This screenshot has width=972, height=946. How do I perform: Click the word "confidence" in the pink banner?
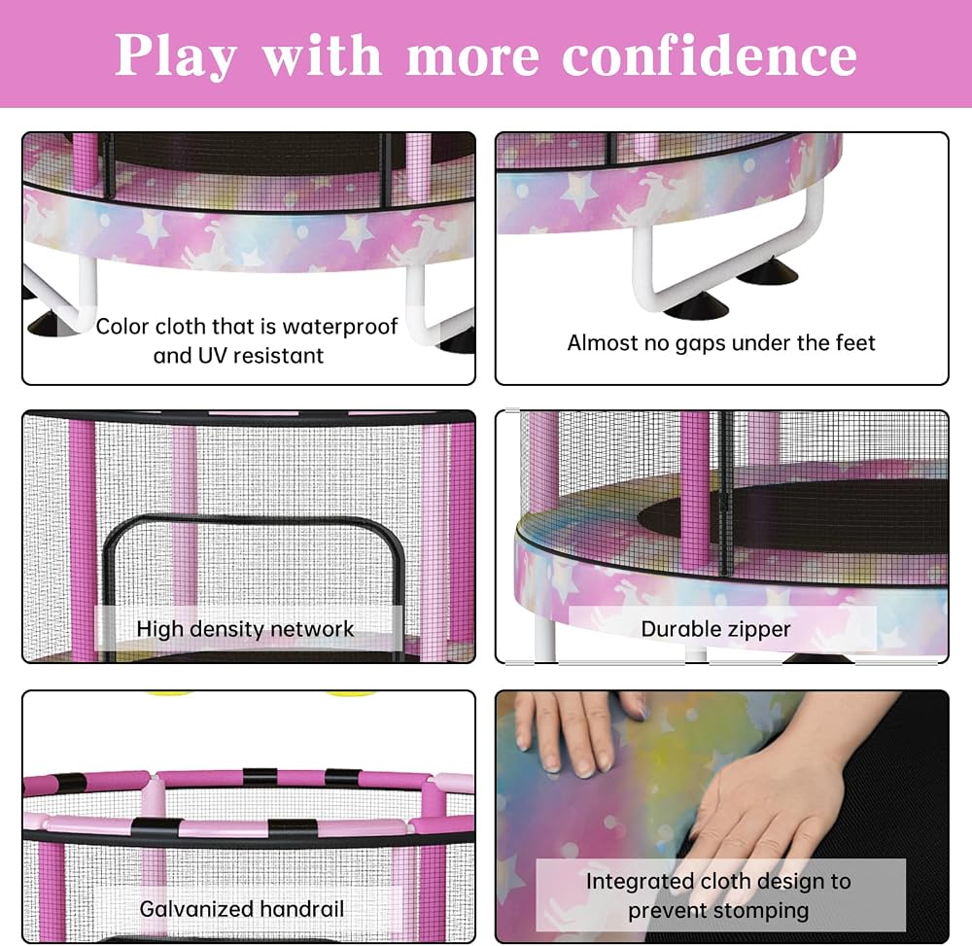pos(710,55)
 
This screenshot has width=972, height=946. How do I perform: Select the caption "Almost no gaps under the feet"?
pos(721,343)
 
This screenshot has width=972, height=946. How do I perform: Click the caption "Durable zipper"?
pos(716,629)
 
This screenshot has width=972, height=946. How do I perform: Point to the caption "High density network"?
pos(245,629)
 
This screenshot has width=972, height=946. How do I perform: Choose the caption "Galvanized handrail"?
pos(242,909)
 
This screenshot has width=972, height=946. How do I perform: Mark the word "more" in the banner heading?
pos(473,57)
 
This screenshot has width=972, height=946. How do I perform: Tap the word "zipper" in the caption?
pos(759,630)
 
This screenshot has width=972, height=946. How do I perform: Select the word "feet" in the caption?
pos(854,343)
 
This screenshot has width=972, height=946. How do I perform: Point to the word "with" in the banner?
pos(322,55)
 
